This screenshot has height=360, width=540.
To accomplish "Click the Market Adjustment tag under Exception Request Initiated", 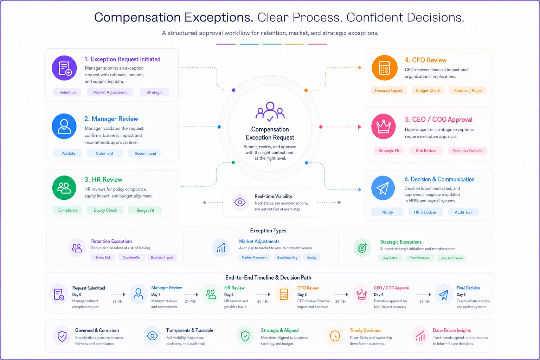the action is (x=110, y=92).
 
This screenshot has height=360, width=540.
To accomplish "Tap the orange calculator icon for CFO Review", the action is (x=384, y=68).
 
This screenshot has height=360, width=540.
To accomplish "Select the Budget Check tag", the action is (x=428, y=91).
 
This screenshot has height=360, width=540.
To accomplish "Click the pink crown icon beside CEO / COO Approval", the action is (x=383, y=126).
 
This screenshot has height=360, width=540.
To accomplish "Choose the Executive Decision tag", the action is (x=467, y=151).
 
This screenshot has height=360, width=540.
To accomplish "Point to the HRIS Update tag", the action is (x=425, y=212).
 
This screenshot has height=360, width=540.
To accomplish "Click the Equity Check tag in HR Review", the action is (x=105, y=210).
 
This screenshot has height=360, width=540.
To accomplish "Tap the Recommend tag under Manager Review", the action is (x=145, y=153).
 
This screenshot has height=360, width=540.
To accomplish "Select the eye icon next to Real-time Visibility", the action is (x=240, y=202).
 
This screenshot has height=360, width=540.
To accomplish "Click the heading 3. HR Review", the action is (x=103, y=179).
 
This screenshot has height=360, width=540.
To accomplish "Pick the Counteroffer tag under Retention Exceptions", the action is (x=131, y=258).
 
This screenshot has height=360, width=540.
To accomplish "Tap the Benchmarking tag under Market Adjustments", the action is (x=287, y=258).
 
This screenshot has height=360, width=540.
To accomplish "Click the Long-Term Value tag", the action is (x=451, y=258).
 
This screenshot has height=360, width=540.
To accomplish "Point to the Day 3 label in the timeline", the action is (x=302, y=294).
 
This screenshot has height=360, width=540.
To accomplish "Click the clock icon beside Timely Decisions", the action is (x=335, y=336).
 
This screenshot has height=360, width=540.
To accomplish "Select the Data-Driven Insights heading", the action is (x=451, y=330).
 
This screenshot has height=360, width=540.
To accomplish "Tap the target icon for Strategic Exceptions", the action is (x=362, y=248).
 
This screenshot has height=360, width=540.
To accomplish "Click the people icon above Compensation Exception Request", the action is (x=270, y=112).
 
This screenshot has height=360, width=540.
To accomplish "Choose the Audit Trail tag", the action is (x=463, y=212).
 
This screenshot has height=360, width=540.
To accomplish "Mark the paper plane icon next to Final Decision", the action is (x=444, y=295).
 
